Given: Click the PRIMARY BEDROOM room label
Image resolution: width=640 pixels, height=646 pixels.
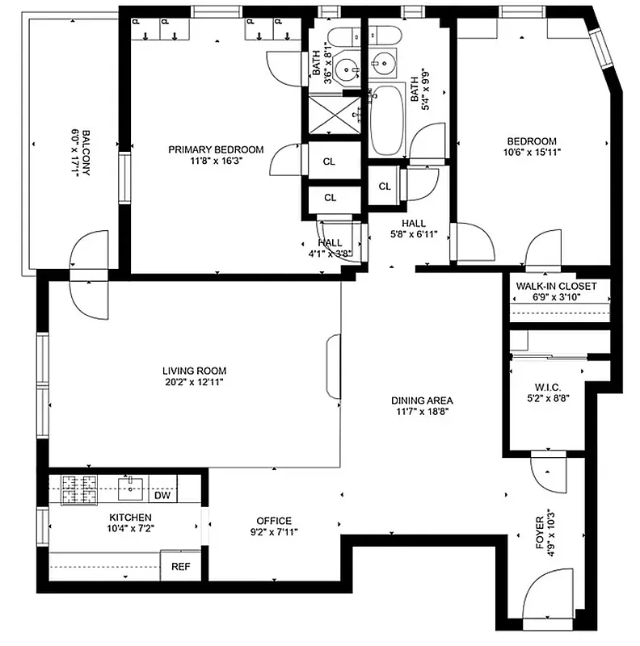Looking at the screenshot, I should tap(216, 149).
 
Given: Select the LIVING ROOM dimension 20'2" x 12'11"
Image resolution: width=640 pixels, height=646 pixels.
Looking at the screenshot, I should tap(192, 383).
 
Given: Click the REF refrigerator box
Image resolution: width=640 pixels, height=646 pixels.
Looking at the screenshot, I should tap(180, 566).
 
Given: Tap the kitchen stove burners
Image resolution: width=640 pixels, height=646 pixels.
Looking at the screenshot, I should tap(79, 485).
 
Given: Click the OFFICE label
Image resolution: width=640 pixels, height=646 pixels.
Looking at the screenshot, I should tap(274, 521).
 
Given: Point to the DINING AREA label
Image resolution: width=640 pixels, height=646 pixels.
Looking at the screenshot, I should tap(422, 400).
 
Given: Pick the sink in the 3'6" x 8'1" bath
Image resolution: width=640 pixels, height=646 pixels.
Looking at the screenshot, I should tap(349, 69).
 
